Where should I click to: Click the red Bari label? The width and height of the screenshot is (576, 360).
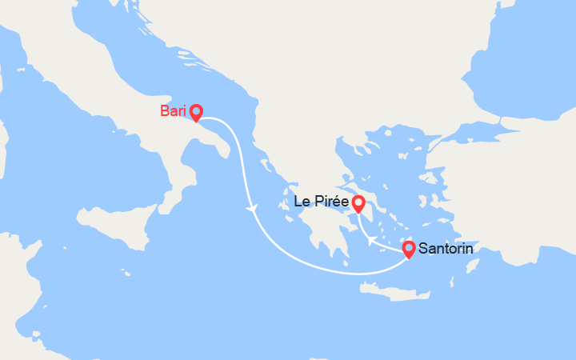pos(173,111)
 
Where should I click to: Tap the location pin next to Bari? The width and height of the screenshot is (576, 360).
pos(195,113)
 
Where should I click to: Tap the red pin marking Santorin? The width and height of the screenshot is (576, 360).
pos(408,249)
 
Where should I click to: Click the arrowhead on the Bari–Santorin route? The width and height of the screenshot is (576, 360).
pos(254,209)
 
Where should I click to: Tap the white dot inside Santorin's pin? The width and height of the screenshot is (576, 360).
pos(408,247)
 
